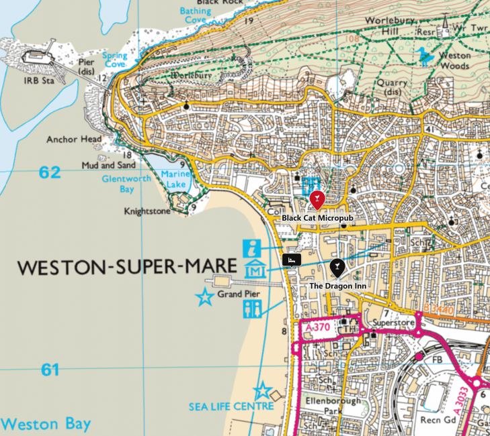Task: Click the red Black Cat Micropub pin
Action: coord(317,200)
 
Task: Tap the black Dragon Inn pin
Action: coord(337,268)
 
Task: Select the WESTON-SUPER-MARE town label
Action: coord(127,267)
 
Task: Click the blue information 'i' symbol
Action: coord(253,247)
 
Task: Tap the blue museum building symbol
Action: coord(253,270)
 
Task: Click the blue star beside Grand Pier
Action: coord(203,296)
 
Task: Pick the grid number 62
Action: coord(49,172)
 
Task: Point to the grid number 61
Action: coord(49,370)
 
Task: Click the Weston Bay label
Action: coord(46,424)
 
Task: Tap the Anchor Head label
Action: coord(74,140)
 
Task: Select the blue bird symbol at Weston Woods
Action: coord(423,55)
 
